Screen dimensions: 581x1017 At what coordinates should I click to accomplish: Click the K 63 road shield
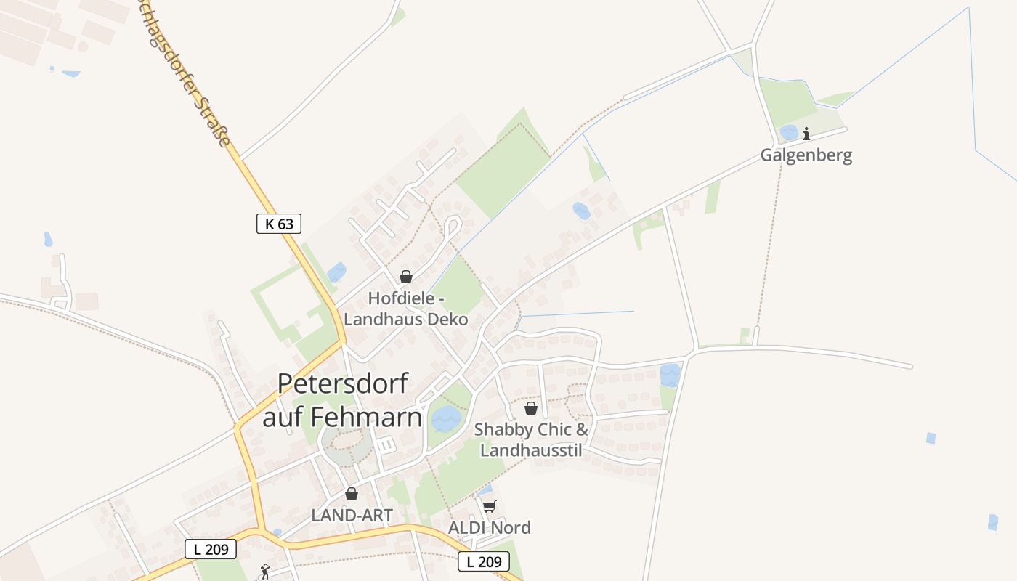point(279,224)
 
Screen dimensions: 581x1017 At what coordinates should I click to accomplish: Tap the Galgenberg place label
point(806,155)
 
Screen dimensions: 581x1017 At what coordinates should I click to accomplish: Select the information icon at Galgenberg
point(806,134)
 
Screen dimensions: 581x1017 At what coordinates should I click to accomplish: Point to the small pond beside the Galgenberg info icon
point(788,133)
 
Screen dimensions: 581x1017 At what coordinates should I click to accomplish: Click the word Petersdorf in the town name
point(343,383)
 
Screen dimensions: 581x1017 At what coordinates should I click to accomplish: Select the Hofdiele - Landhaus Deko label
point(405,309)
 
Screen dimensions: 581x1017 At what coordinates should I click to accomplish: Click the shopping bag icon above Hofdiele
point(406,277)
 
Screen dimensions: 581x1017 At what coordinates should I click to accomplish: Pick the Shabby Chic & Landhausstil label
point(531,439)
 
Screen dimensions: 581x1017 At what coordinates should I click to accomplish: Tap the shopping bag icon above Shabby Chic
point(531,408)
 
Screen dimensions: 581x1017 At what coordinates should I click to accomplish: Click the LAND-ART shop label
point(352,516)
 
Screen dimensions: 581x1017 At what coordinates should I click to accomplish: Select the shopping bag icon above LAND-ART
point(352,494)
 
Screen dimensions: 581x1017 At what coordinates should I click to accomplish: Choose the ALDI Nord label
point(490,527)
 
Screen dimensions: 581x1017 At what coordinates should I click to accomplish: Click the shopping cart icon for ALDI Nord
point(490,506)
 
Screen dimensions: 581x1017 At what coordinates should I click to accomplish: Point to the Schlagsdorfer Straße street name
point(189,73)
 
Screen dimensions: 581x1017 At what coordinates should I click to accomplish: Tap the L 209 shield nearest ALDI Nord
point(483,561)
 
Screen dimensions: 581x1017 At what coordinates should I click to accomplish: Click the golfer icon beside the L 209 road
point(265,572)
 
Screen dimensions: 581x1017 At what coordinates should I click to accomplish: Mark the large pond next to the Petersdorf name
point(446,418)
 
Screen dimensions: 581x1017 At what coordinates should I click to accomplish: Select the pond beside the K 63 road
point(336,272)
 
